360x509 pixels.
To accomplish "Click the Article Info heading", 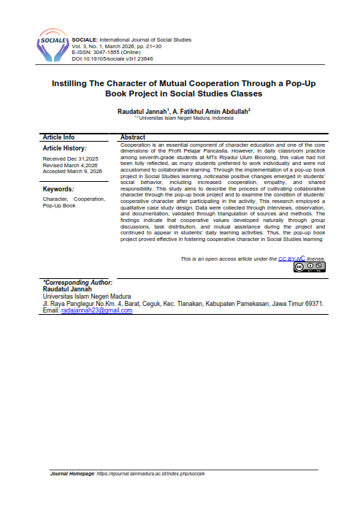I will tap(59, 137).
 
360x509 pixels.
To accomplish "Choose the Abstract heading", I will tap(132, 137).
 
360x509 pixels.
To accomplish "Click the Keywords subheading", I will tap(60, 188).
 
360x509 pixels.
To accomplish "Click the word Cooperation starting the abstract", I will tap(135, 145).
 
